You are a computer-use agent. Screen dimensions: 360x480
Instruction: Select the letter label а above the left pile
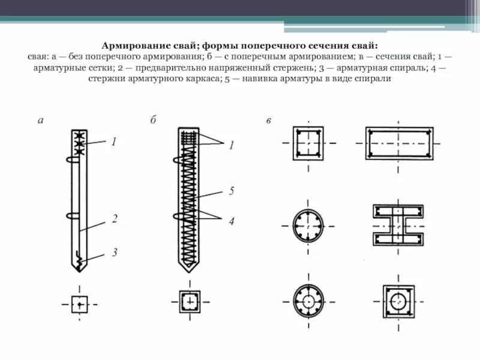(x=41, y=120)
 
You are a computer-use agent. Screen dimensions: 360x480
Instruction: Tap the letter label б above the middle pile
(x=154, y=120)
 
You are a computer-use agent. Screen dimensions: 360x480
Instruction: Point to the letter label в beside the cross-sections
(x=269, y=121)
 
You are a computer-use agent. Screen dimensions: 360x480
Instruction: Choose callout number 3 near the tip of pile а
(x=113, y=253)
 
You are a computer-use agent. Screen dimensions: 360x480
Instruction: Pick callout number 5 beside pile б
(x=230, y=191)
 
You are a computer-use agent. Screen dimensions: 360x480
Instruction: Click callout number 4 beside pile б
(x=230, y=221)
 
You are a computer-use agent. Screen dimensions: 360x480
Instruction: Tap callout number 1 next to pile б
(x=230, y=145)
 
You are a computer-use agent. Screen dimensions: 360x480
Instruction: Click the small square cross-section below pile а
(x=79, y=304)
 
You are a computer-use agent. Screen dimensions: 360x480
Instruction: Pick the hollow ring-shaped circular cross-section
(x=309, y=301)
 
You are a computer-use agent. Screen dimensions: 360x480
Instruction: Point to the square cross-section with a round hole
(x=399, y=301)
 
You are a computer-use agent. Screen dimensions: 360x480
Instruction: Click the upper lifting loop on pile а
(x=72, y=160)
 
